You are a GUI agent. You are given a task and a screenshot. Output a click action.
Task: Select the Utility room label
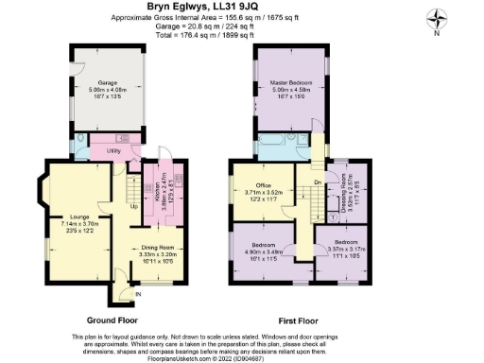[113, 150]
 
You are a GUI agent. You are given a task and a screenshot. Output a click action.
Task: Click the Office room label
[264, 184]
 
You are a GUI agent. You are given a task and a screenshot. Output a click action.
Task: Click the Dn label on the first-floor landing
[317, 182]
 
